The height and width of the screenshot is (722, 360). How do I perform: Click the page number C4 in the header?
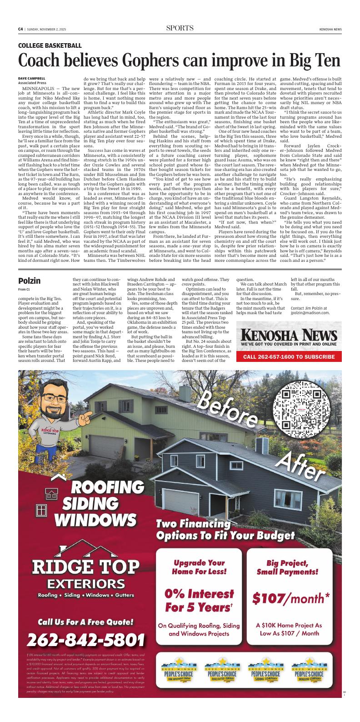(20, 29)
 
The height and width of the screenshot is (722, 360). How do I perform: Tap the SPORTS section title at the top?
(180, 28)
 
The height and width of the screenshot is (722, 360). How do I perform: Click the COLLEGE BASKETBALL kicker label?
(50, 45)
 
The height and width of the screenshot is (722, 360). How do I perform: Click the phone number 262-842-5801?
(86, 639)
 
